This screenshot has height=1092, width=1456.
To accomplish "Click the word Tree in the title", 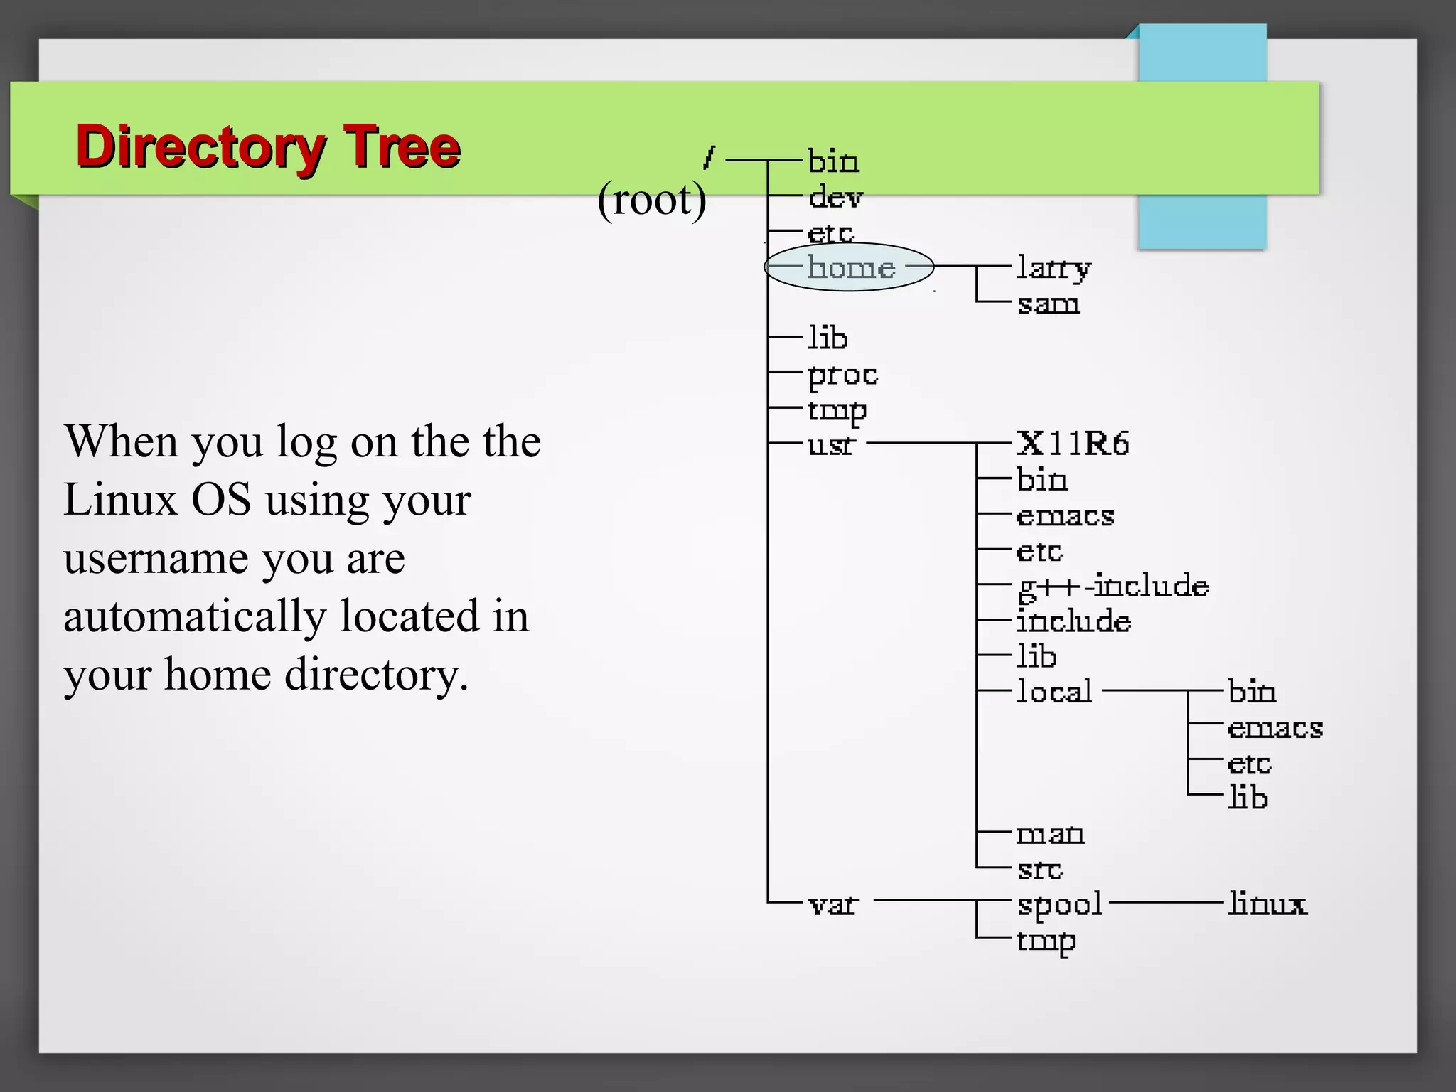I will pyautogui.click(x=402, y=146).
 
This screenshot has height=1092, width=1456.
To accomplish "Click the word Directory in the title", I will pyautogui.click(x=200, y=148).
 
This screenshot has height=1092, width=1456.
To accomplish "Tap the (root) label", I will pyautogui.click(x=652, y=200).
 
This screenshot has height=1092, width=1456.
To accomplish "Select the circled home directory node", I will pyautogui.click(x=850, y=267).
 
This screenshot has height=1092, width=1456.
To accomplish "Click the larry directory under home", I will pyautogui.click(x=1053, y=268).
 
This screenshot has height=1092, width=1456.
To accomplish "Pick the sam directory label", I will pyautogui.click(x=1048, y=304).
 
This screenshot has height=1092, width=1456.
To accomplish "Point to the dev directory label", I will pyautogui.click(x=835, y=197).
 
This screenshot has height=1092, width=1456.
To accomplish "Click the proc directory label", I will pyautogui.click(x=842, y=375).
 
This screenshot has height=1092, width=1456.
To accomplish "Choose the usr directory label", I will pyautogui.click(x=830, y=445).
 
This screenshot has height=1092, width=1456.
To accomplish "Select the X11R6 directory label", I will pyautogui.click(x=1072, y=444).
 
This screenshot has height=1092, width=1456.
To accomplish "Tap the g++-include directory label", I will pyautogui.click(x=1113, y=587).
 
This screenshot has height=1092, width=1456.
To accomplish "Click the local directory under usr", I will pyautogui.click(x=1054, y=691).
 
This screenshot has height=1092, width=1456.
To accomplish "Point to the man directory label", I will pyautogui.click(x=1050, y=833).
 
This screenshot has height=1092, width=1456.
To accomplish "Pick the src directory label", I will pyautogui.click(x=1039, y=869).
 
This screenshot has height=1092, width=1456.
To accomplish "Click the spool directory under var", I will pyautogui.click(x=1059, y=905).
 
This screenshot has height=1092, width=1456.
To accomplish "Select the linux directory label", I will pyautogui.click(x=1267, y=904).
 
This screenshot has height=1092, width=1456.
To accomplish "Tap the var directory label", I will pyautogui.click(x=833, y=905).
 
